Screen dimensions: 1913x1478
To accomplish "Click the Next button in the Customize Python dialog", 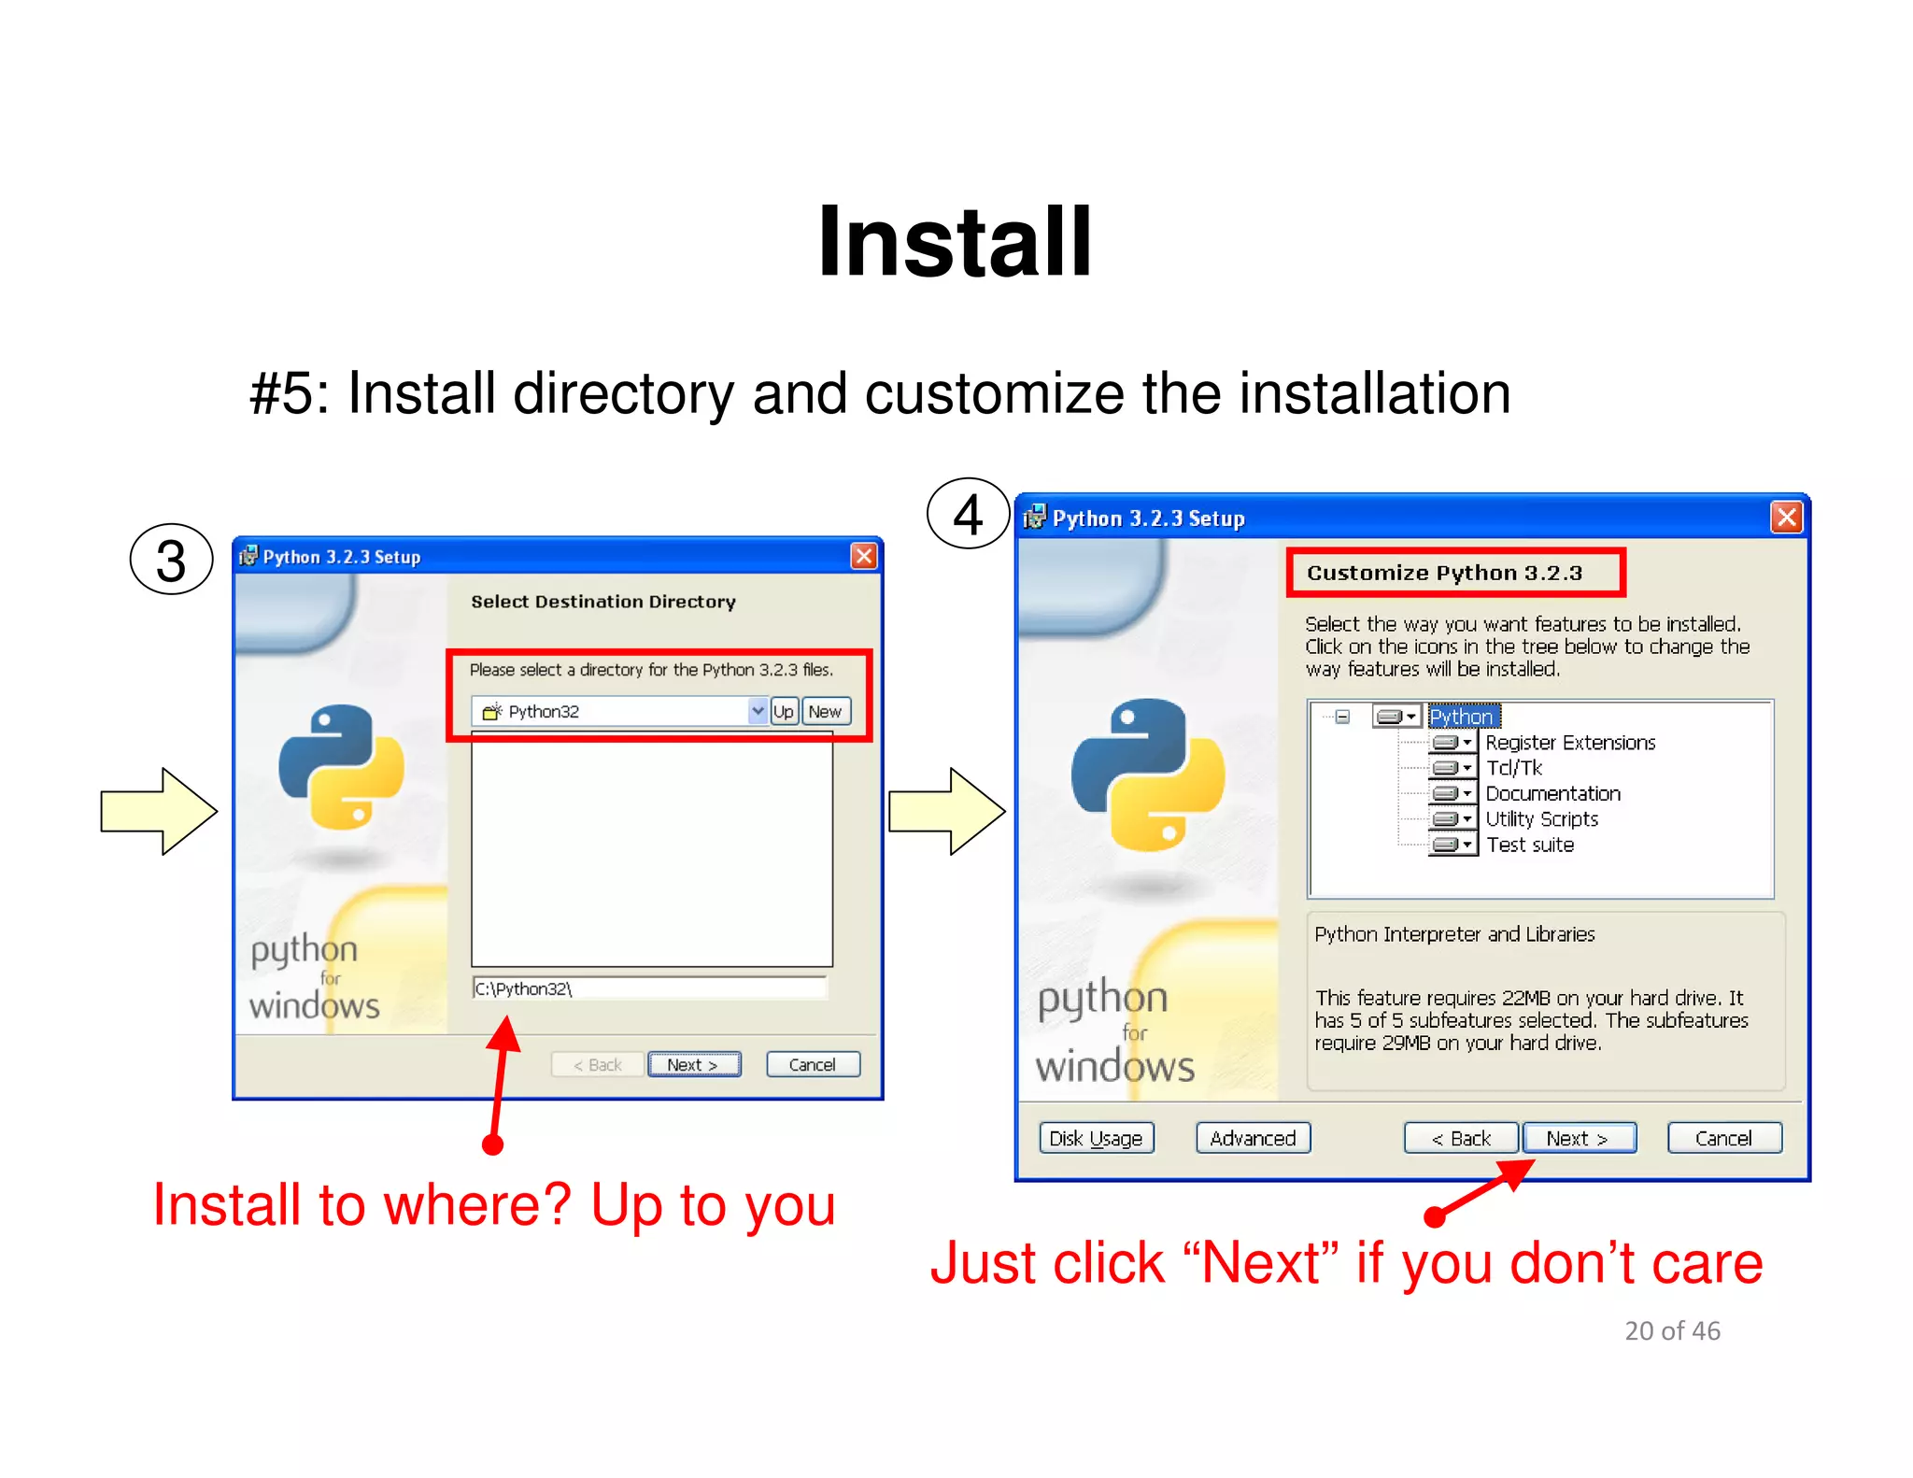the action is [1579, 1138].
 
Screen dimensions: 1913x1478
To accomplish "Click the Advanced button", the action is [1253, 1138].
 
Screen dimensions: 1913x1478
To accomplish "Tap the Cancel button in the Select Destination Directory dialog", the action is [812, 1064].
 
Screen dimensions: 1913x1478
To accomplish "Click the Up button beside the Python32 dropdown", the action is [783, 711].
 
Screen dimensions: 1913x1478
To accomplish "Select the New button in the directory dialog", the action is [826, 711].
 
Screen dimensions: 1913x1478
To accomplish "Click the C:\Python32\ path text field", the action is [649, 988].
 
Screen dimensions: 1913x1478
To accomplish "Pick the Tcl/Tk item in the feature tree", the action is [1513, 768].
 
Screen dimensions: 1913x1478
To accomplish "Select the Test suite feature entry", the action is [1530, 845].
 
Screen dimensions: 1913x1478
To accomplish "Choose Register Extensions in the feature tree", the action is [1570, 743].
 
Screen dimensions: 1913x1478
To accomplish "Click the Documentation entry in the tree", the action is [1552, 793].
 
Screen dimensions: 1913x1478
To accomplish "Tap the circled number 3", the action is [171, 560].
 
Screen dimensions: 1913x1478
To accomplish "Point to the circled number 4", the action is [968, 514].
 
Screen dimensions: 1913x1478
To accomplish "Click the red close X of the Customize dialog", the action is [1786, 517].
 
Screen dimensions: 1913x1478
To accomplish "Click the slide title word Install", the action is [955, 242].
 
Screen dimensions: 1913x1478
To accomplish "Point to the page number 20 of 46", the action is [1672, 1330].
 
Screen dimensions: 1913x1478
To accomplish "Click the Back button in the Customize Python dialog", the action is [1461, 1138].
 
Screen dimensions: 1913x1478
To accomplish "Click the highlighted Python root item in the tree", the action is [1462, 717].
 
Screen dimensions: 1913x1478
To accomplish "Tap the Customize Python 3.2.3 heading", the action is [1444, 573].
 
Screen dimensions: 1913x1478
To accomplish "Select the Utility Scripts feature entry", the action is [1541, 819].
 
